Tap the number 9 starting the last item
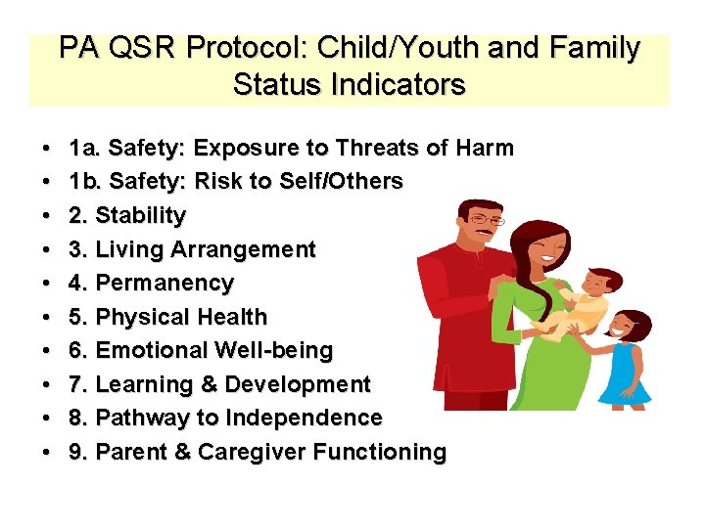pos(76,452)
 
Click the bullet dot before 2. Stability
pos(48,215)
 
